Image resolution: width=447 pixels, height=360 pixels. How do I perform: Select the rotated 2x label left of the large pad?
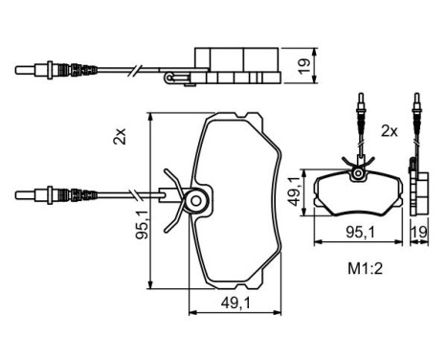pyautogui.click(x=119, y=137)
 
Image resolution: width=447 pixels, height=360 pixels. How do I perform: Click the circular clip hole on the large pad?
pyautogui.click(x=198, y=200)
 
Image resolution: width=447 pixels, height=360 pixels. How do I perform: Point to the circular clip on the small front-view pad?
pyautogui.click(x=357, y=173)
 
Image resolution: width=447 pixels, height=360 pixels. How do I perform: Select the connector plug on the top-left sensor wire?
pyautogui.click(x=44, y=69)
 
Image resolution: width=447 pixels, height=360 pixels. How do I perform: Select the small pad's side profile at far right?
pyautogui.click(x=417, y=191)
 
